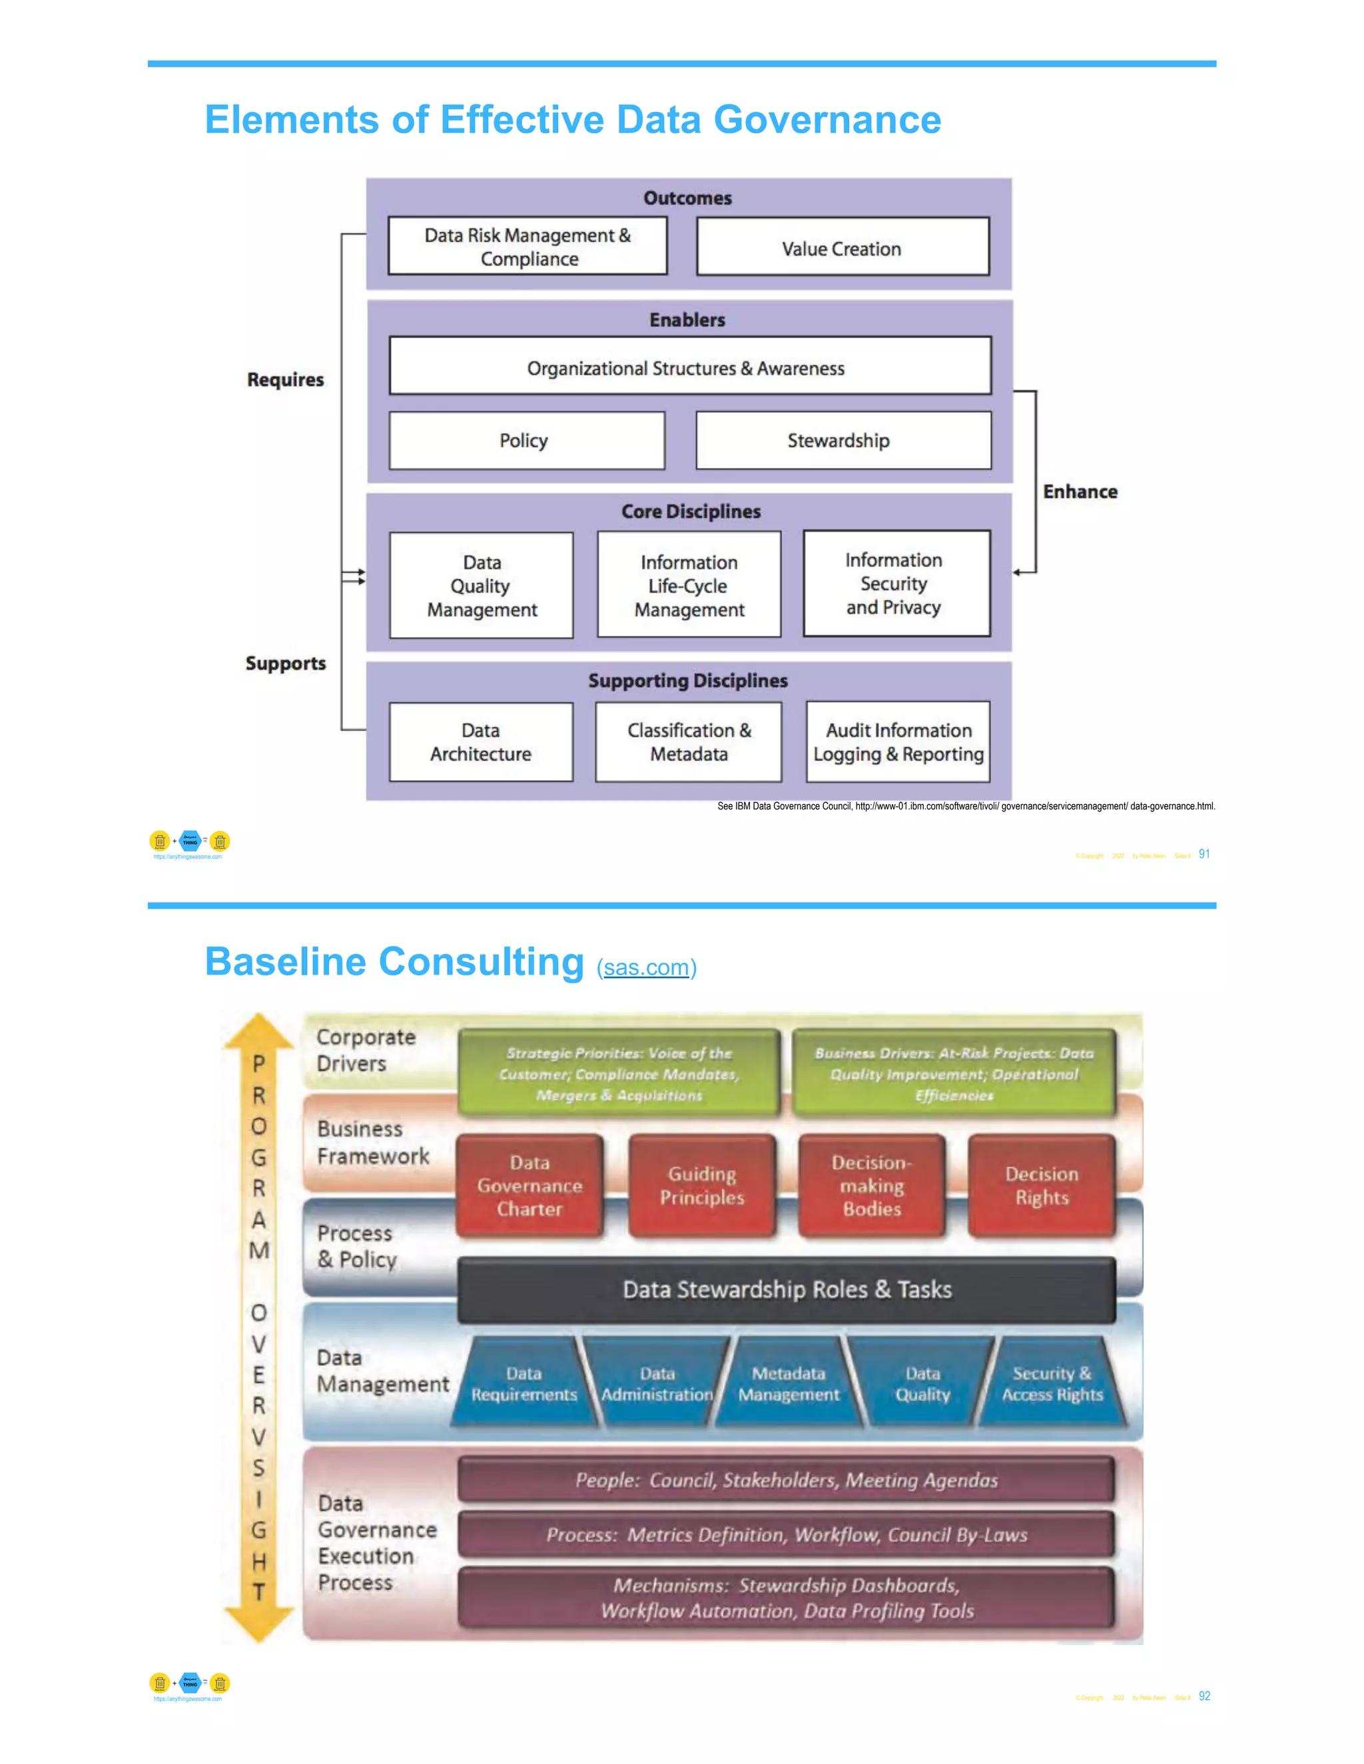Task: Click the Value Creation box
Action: (x=842, y=247)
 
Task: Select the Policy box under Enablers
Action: (x=526, y=440)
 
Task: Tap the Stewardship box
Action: (x=843, y=440)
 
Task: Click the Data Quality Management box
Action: (x=481, y=586)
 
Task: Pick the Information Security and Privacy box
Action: (x=896, y=583)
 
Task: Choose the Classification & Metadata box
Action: (x=689, y=742)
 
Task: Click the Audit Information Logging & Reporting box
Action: (x=898, y=742)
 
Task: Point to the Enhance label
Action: (x=1080, y=492)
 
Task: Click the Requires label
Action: (x=285, y=379)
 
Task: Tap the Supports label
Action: (x=285, y=663)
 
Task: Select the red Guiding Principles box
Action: (x=701, y=1185)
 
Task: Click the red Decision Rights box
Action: (x=1041, y=1185)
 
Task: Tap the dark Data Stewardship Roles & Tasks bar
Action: (x=787, y=1289)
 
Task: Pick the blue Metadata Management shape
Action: (x=788, y=1384)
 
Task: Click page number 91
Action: (x=1204, y=854)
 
